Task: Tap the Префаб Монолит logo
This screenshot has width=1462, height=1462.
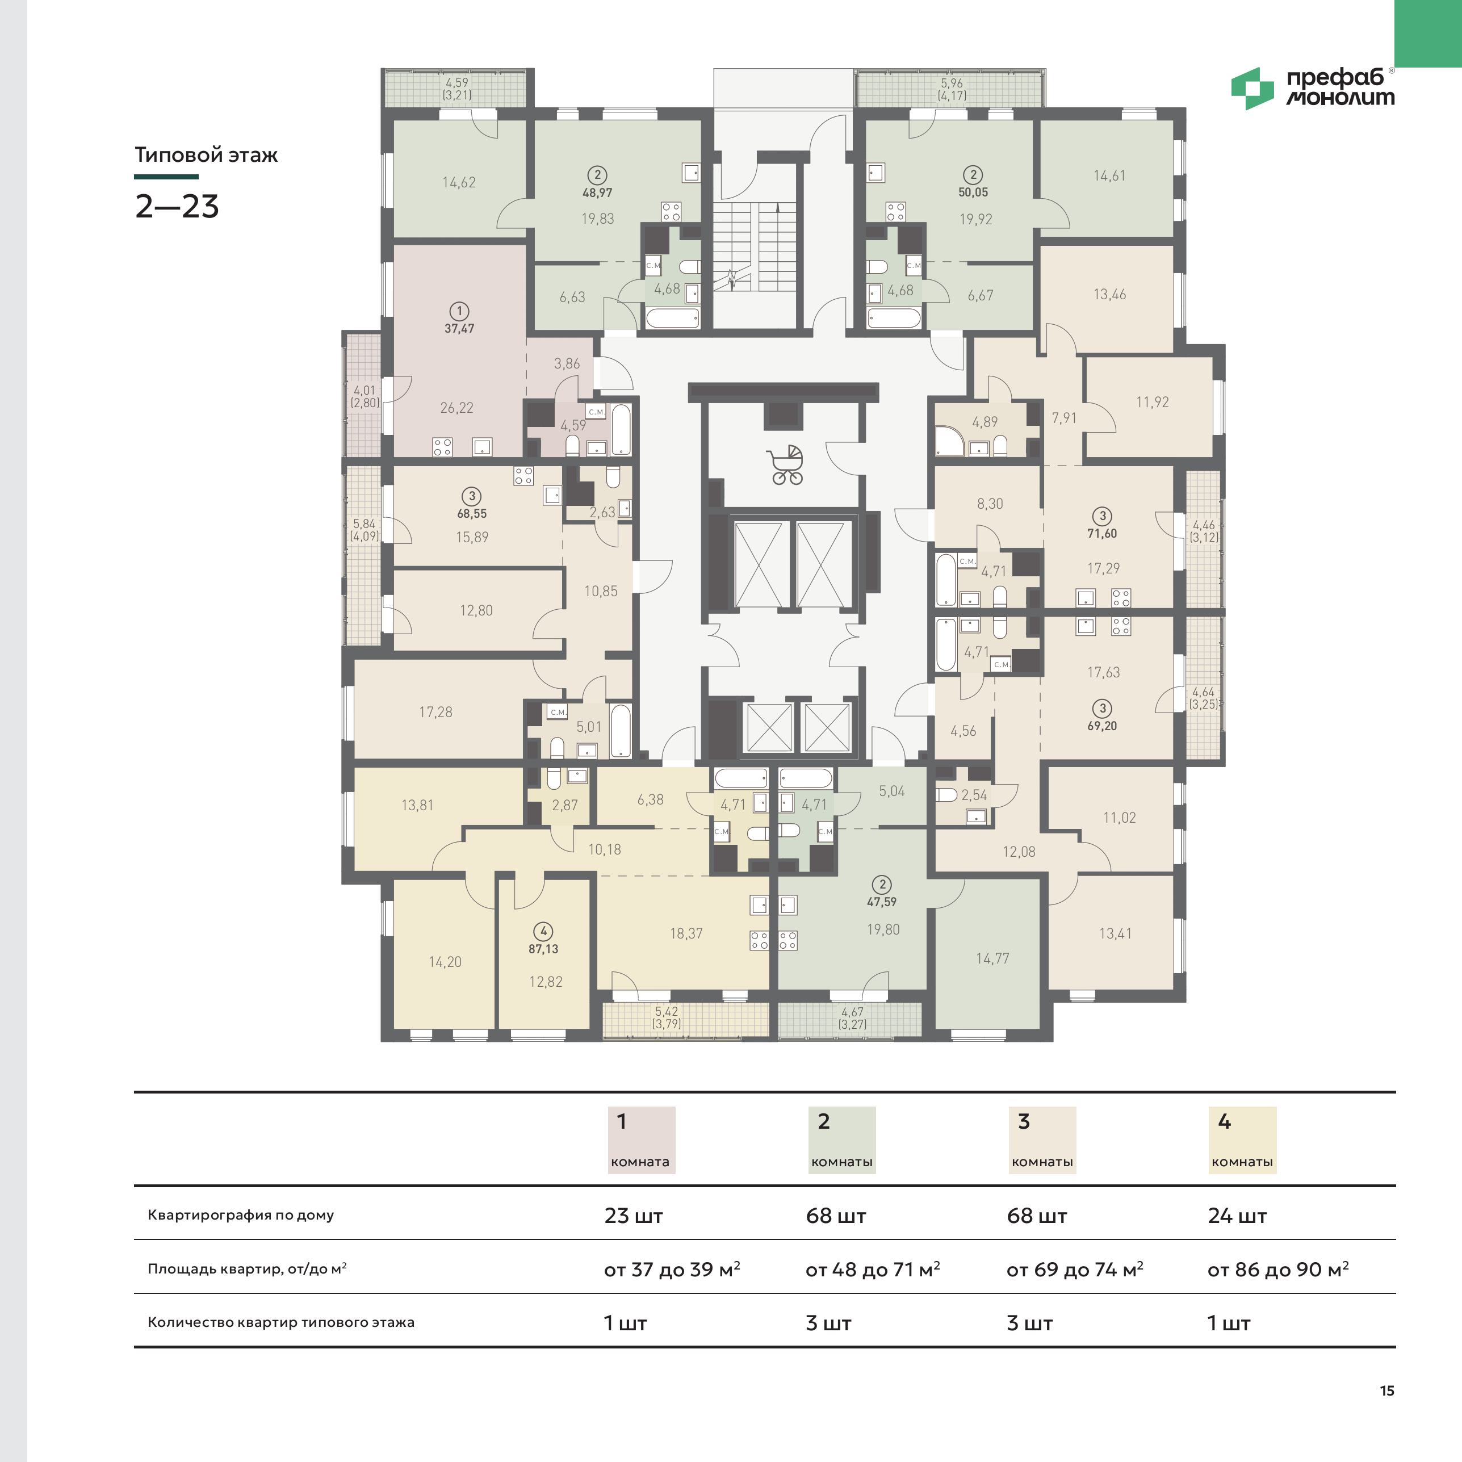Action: (x=1313, y=89)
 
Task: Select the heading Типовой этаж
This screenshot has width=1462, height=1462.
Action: (x=206, y=155)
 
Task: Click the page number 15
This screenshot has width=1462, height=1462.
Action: (x=1387, y=1390)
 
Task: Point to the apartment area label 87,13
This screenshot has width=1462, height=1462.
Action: (x=543, y=949)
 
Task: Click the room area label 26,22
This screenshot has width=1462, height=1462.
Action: (x=457, y=408)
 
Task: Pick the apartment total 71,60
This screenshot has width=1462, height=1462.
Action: (x=1102, y=534)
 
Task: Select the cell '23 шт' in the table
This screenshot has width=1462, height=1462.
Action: (x=634, y=1216)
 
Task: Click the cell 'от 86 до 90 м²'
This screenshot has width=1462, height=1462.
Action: (x=1278, y=1269)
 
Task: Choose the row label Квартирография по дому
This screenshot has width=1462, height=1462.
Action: (x=241, y=1216)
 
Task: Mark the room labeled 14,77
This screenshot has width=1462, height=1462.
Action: (x=992, y=959)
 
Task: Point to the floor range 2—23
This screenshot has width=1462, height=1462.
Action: (x=177, y=207)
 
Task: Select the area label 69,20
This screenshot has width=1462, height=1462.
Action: (x=1102, y=726)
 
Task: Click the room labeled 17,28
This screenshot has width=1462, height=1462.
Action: (x=436, y=712)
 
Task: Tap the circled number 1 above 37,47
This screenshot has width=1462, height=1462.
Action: (x=459, y=311)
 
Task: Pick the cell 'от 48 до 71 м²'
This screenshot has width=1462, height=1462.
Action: (x=873, y=1269)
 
